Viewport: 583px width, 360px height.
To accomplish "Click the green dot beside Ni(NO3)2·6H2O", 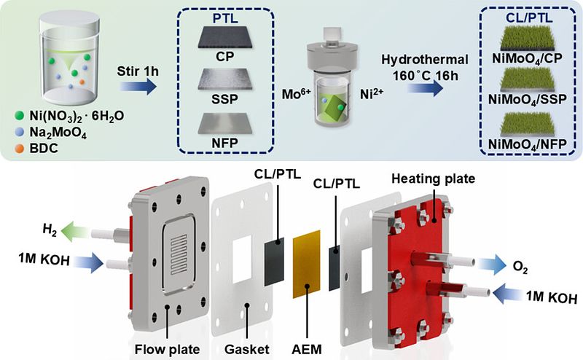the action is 20,116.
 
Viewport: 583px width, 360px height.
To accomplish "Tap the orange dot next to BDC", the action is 20,149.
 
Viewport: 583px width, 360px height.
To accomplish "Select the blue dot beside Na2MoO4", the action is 20,132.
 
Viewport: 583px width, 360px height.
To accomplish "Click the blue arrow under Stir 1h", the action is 138,86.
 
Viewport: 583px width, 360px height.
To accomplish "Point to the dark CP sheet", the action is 225,37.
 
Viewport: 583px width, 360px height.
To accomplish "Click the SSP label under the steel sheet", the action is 225,99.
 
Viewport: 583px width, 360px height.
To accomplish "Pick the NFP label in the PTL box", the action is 225,143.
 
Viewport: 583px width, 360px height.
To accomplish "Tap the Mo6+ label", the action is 296,94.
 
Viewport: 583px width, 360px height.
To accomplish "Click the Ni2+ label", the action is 372,94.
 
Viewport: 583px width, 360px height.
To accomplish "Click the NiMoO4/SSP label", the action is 527,100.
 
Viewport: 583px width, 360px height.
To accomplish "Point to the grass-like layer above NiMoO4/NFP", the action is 527,123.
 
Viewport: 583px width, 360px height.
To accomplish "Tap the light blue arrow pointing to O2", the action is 491,265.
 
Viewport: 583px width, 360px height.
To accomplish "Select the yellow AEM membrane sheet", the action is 306,264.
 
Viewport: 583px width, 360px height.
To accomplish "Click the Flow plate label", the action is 167,349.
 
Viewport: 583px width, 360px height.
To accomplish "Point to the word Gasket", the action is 246,349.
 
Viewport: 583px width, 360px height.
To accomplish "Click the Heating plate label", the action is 433,179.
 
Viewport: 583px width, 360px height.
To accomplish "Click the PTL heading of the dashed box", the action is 225,19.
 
